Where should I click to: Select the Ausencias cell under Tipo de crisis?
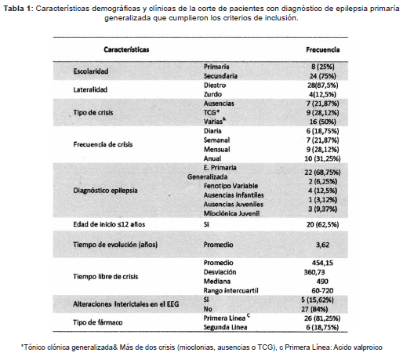[218, 103]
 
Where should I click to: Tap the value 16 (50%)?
[324, 121]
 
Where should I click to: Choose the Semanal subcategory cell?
[216, 139]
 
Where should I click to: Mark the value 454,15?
[322, 261]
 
